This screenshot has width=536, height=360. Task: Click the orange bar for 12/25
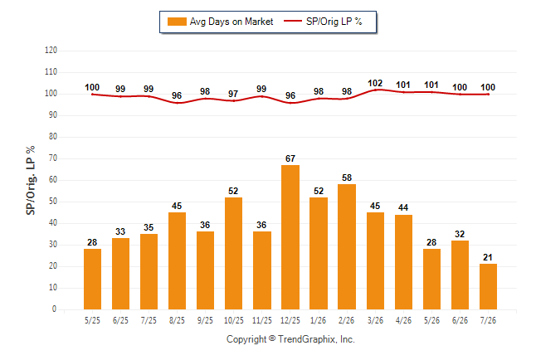click(x=290, y=237)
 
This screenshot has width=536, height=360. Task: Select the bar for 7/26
click(x=488, y=286)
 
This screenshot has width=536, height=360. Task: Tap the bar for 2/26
click(x=347, y=247)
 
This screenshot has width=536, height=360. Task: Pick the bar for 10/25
click(x=233, y=253)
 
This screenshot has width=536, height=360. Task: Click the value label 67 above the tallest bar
click(x=290, y=158)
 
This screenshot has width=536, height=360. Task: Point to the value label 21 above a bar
click(x=488, y=257)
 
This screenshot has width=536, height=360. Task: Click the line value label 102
click(x=375, y=84)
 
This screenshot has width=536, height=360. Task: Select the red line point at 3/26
click(x=375, y=90)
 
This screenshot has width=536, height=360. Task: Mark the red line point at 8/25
click(x=177, y=103)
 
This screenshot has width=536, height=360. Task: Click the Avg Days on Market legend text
click(x=231, y=22)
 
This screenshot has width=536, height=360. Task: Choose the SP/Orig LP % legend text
click(x=334, y=22)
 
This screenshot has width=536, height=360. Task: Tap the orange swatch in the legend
click(x=177, y=22)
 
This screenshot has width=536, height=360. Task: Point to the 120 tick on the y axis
click(x=51, y=51)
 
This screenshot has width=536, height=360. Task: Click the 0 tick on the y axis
click(x=54, y=309)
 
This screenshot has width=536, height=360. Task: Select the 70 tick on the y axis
click(x=52, y=158)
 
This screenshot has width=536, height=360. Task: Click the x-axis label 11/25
click(x=262, y=321)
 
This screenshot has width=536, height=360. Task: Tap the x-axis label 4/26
click(x=403, y=321)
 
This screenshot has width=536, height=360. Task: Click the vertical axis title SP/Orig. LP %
click(x=31, y=181)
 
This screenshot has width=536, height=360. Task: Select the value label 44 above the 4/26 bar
click(x=403, y=208)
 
